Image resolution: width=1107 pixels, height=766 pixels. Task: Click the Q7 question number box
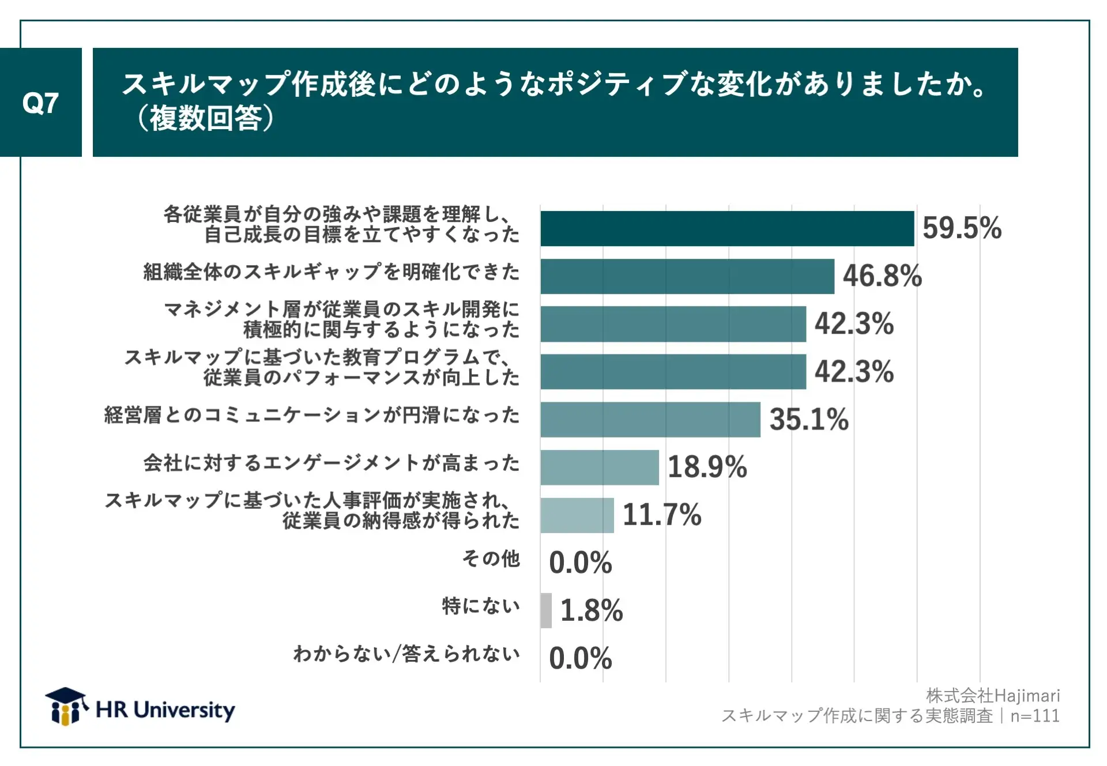click(40, 103)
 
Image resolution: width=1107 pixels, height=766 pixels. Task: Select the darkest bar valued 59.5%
click(727, 229)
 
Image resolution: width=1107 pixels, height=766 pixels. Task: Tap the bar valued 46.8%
click(687, 277)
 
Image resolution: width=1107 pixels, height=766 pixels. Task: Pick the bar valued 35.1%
click(650, 420)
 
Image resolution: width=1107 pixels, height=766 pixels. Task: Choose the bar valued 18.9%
click(600, 467)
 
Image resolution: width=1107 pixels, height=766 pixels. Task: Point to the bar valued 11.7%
click(577, 515)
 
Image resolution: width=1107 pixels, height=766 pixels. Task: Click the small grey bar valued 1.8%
click(546, 610)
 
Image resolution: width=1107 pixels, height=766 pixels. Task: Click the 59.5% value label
click(962, 228)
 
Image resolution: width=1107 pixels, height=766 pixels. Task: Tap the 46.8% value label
click(882, 276)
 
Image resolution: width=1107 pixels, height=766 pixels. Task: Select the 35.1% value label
click(809, 420)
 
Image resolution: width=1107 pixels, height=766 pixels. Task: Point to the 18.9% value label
click(707, 467)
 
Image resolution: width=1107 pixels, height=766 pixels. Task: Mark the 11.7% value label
click(662, 515)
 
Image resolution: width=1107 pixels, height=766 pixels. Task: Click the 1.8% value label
click(592, 610)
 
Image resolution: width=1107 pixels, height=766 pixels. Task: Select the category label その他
click(491, 559)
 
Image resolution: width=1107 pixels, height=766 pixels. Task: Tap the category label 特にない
click(481, 606)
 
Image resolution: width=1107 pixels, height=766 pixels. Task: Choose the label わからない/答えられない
click(406, 654)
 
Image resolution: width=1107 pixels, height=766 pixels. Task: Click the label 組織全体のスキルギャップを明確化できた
click(332, 272)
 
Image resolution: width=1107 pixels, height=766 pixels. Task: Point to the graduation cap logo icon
click(66, 706)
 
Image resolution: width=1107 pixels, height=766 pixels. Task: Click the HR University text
click(165, 710)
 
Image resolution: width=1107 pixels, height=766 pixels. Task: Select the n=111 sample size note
click(1035, 716)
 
